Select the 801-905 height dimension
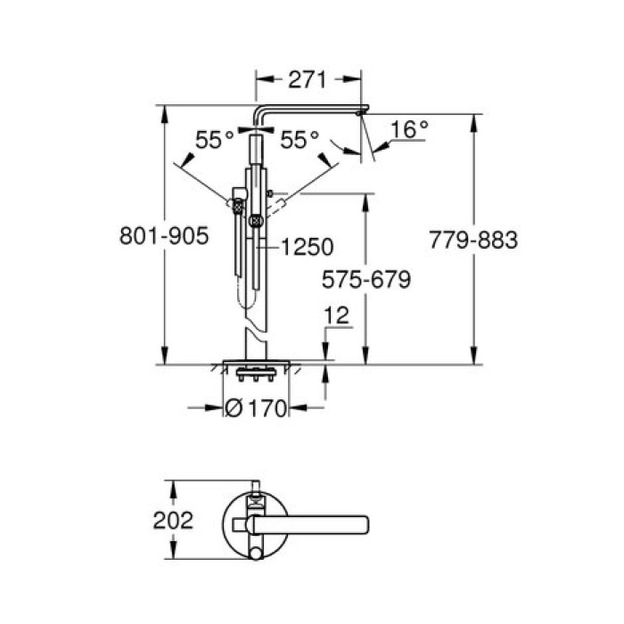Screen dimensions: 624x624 pos(164,236)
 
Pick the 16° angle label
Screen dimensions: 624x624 pos(410,130)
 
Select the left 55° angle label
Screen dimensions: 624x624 pos(214,140)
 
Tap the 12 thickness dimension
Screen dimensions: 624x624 pos(336,315)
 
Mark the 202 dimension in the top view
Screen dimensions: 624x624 pos(174,521)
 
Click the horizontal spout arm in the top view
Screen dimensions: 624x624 pos(312,521)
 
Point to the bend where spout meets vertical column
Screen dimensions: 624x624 pos(259,113)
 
